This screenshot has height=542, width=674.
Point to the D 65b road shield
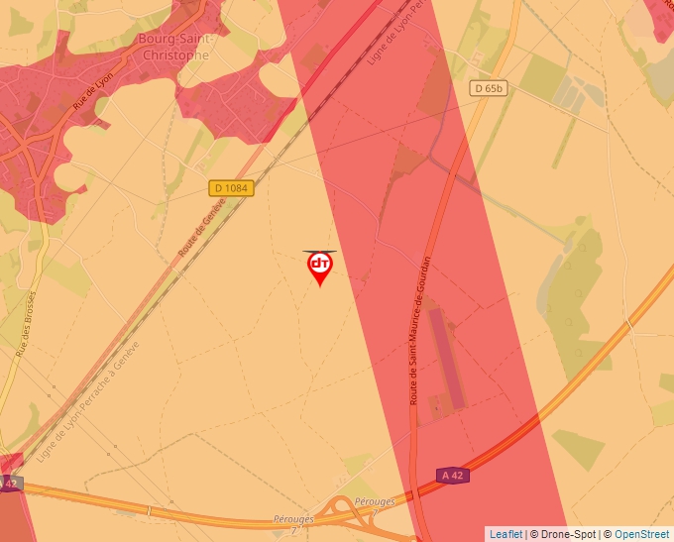(x=490, y=88)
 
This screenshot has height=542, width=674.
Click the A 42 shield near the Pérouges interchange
(x=453, y=476)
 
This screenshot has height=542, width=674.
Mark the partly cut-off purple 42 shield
(x=10, y=484)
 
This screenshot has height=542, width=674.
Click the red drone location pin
(x=320, y=268)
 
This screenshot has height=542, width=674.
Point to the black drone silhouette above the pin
(x=320, y=252)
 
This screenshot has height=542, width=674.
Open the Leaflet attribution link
(x=506, y=534)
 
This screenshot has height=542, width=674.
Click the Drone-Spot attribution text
(x=564, y=534)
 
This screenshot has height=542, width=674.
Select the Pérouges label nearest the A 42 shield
(x=375, y=501)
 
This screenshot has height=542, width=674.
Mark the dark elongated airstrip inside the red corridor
(x=447, y=361)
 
